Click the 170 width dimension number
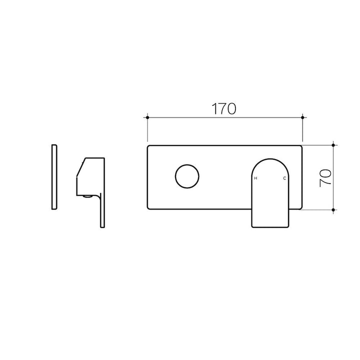point(223,109)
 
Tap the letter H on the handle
point(255,178)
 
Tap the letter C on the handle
point(284,178)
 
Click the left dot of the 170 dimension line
point(147,117)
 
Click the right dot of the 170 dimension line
point(302,117)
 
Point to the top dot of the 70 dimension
point(333,145)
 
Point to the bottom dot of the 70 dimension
point(333,209)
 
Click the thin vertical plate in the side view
point(54,177)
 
